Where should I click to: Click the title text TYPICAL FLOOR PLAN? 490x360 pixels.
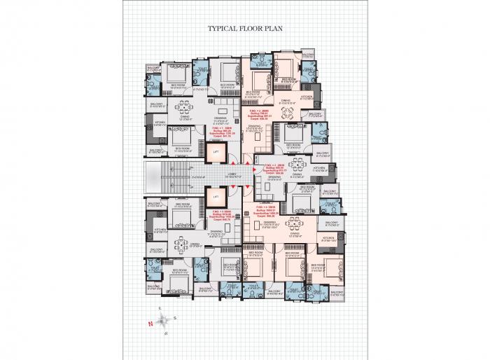point(244,30)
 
